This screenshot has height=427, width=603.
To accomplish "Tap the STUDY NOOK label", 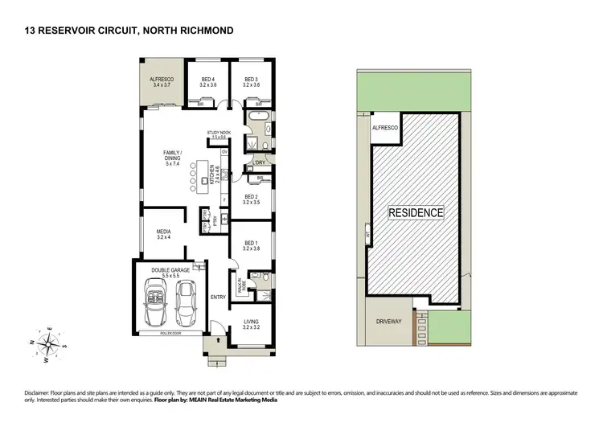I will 219,134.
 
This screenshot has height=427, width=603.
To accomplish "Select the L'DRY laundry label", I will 260,162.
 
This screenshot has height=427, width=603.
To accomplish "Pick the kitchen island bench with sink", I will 195,180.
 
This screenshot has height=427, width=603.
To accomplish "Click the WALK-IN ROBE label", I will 240,285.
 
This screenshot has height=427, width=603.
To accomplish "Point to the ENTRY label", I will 218,298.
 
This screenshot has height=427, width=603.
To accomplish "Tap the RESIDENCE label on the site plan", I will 416,213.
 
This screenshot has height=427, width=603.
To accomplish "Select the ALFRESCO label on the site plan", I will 381,128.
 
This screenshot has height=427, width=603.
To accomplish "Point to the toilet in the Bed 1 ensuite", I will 253,279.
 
